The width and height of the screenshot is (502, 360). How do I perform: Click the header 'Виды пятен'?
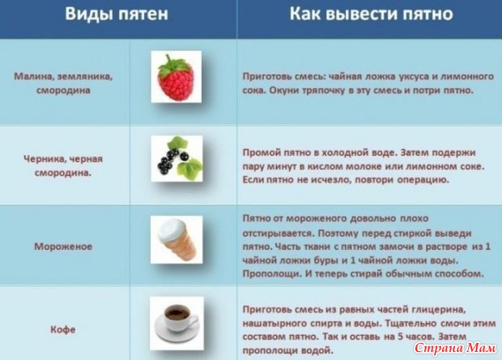[x=117, y=15]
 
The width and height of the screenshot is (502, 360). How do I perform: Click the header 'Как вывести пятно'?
[x=371, y=14]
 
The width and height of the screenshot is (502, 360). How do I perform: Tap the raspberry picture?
[x=176, y=77]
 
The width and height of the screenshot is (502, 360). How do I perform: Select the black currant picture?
[x=177, y=159]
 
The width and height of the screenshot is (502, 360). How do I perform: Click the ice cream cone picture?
[x=177, y=239]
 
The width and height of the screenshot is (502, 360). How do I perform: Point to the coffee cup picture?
[x=177, y=323]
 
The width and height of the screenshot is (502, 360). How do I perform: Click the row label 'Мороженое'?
[x=63, y=247]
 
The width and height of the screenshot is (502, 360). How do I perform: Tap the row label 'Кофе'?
[x=63, y=329]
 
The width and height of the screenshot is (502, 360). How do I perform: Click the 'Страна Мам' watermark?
[x=455, y=348]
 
